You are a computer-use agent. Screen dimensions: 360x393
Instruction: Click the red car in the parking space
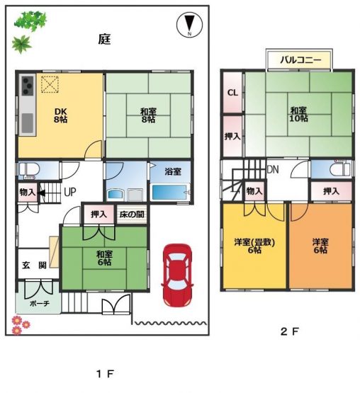click(177, 275)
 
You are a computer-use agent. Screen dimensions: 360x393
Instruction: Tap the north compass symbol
click(189, 25)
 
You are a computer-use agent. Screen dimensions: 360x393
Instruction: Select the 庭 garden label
click(104, 40)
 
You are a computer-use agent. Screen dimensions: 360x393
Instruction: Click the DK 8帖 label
click(60, 115)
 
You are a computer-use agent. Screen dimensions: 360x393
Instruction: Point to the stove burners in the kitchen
click(28, 86)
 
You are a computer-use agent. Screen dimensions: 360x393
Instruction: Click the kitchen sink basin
click(28, 123)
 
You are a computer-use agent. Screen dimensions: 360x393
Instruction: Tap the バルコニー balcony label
click(300, 60)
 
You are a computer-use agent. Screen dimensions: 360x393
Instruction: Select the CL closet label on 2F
click(232, 93)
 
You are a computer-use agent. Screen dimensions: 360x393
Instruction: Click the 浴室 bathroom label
click(173, 171)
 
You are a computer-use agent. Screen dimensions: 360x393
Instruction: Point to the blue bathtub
click(170, 192)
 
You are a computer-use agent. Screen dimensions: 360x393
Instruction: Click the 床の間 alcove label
click(132, 215)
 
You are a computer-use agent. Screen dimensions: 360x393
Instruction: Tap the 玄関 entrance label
click(34, 265)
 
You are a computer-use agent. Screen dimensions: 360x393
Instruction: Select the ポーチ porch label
click(40, 304)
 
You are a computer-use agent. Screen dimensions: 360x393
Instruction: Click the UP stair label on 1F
click(70, 192)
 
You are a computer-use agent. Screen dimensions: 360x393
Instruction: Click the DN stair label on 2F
click(273, 170)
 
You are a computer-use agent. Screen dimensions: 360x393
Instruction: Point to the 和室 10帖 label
click(298, 114)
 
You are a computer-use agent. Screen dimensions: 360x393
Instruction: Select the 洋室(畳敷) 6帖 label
click(254, 246)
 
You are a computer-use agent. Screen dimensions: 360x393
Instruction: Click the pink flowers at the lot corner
click(21, 325)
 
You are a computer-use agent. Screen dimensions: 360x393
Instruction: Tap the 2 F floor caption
click(290, 332)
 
